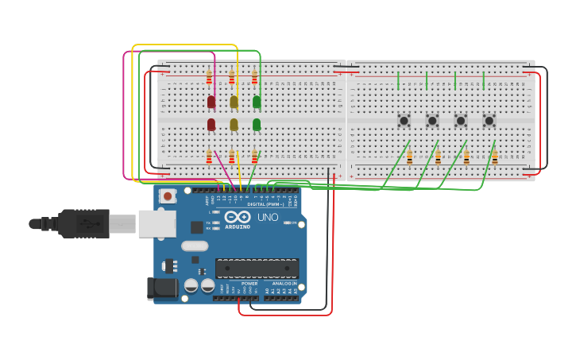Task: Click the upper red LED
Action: tap(211, 102)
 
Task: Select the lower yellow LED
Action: tap(234, 125)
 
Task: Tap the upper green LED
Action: tap(257, 102)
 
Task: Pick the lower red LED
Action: tap(211, 125)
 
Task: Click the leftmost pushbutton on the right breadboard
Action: tap(404, 121)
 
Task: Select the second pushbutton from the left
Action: tap(432, 121)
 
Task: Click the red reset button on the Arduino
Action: tap(167, 195)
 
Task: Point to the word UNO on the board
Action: tap(268, 217)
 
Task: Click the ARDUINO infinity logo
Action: tap(237, 216)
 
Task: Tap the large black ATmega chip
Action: tap(257, 269)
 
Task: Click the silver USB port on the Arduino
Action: tap(157, 224)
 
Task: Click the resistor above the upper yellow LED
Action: tap(232, 78)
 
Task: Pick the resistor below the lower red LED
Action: tap(209, 157)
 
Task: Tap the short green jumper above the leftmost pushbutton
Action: tap(398, 80)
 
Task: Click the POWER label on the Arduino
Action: tap(249, 284)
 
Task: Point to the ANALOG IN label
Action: tap(284, 284)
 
